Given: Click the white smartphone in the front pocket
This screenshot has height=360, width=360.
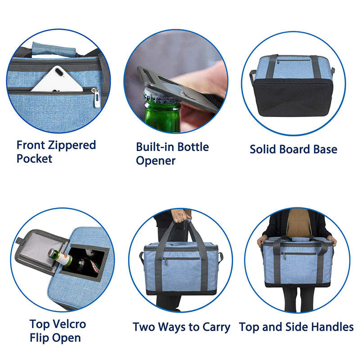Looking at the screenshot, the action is (x=58, y=79).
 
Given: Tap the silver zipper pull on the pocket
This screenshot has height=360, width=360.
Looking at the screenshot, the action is (x=96, y=98).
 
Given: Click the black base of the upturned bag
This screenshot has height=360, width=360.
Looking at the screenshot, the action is (x=293, y=97).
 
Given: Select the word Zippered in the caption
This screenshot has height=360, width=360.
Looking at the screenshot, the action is (x=72, y=145).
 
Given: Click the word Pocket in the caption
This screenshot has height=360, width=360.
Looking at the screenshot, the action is (x=35, y=159).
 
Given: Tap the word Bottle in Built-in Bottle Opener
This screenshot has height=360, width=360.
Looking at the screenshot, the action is (x=193, y=147).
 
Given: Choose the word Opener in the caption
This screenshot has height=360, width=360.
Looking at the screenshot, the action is (x=156, y=161).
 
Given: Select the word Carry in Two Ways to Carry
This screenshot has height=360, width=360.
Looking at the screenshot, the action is (x=216, y=328).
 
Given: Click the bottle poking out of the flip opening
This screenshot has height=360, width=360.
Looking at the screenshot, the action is (x=59, y=257).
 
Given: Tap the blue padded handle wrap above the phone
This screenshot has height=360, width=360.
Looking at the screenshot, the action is (x=54, y=49).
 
